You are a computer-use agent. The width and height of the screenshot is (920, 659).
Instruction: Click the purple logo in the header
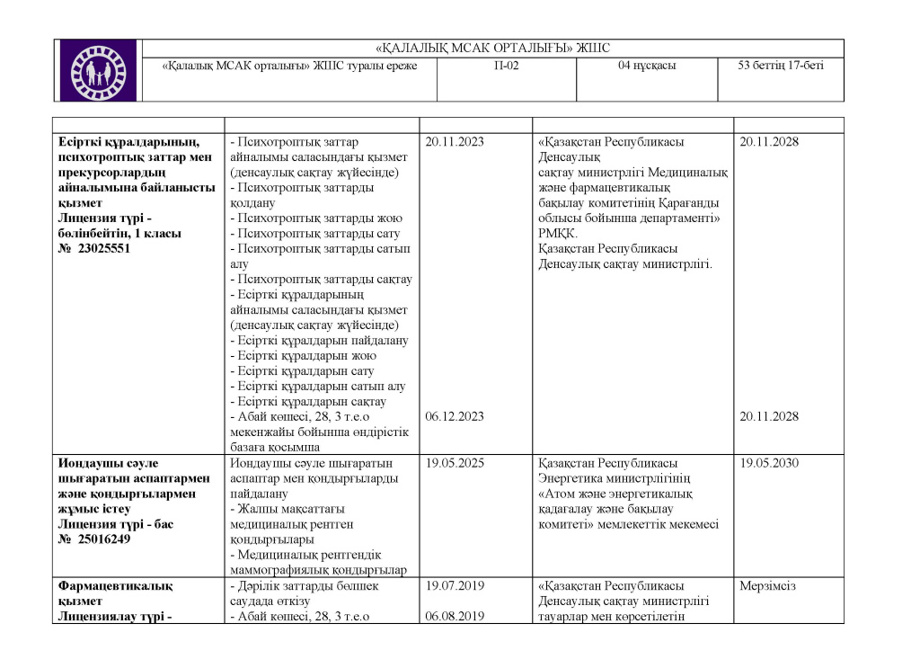pyautogui.click(x=98, y=70)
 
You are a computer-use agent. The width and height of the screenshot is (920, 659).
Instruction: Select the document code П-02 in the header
pyautogui.click(x=506, y=66)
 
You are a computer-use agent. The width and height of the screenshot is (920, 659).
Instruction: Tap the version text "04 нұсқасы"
pyautogui.click(x=647, y=66)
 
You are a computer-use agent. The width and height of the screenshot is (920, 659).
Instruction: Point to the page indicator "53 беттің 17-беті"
pyautogui.click(x=780, y=66)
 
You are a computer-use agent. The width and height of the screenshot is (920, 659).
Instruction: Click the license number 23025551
pyautogui.click(x=103, y=249)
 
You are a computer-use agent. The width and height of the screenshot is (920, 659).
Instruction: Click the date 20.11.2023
pyautogui.click(x=455, y=142)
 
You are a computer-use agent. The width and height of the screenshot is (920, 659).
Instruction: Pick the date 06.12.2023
pyautogui.click(x=455, y=416)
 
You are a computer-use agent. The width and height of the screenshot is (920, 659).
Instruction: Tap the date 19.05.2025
pyautogui.click(x=455, y=463)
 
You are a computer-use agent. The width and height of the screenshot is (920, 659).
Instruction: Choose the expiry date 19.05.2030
pyautogui.click(x=769, y=463)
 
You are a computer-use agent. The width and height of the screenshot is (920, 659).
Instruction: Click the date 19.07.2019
pyautogui.click(x=455, y=586)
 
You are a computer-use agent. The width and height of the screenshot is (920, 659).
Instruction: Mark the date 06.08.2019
pyautogui.click(x=455, y=617)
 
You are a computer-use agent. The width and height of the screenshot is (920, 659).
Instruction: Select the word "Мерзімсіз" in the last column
pyautogui.click(x=768, y=586)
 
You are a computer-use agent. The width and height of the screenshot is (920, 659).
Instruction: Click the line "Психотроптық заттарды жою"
pyautogui.click(x=316, y=218)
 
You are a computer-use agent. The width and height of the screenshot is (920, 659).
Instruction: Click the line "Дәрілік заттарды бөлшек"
pyautogui.click(x=305, y=586)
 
